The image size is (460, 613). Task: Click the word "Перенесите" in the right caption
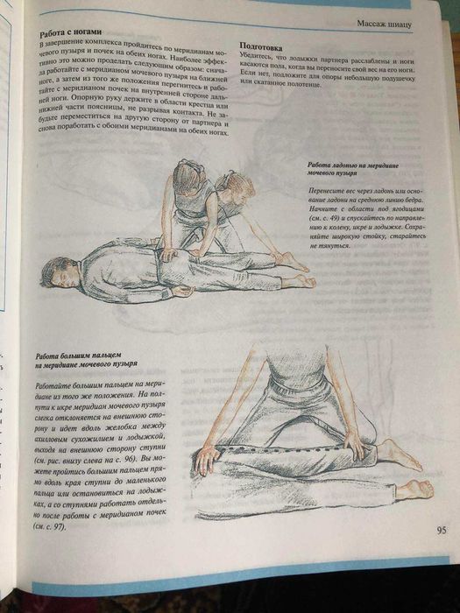pyautogui.click(x=330, y=189)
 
